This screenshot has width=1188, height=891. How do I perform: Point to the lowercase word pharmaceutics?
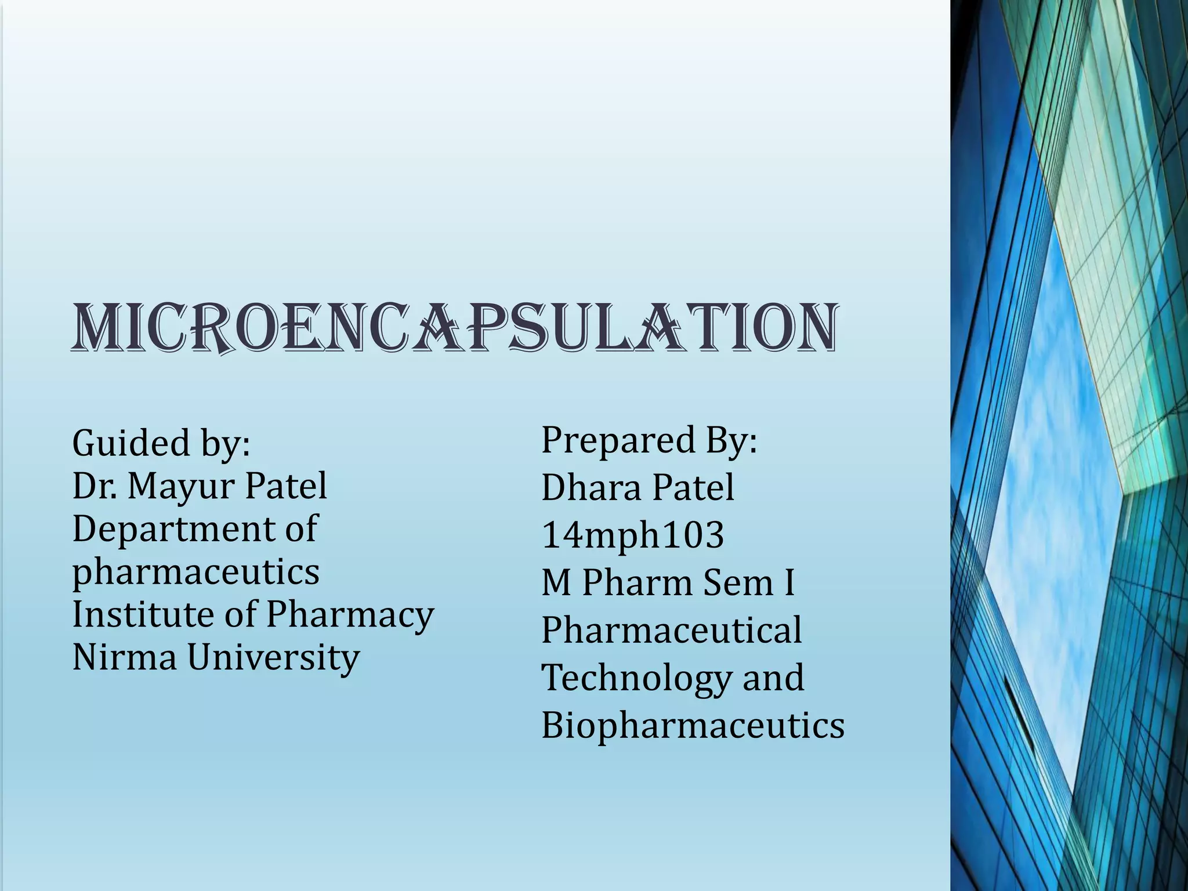click(x=195, y=573)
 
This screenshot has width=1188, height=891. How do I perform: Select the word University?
click(x=273, y=658)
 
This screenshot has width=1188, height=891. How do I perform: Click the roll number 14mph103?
click(x=632, y=535)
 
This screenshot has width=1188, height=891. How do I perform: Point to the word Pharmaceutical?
click(x=671, y=630)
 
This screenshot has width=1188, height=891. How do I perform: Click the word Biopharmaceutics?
click(x=693, y=725)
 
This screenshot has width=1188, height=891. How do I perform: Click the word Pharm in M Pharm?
click(x=637, y=582)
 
